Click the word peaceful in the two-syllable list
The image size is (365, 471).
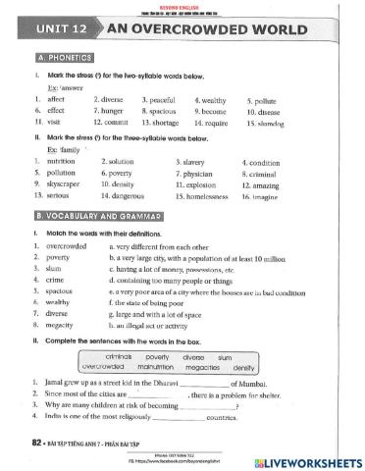click(161, 99)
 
